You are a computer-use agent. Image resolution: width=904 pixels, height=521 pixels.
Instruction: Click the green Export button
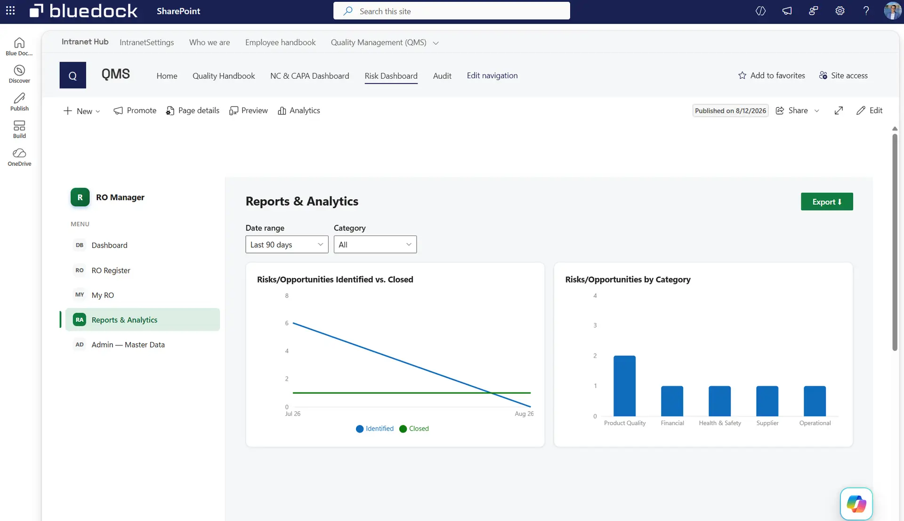pos(827,202)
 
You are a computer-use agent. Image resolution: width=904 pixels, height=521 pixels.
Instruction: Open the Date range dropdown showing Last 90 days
pos(287,244)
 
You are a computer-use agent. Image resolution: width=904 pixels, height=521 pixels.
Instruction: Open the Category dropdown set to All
pos(375,244)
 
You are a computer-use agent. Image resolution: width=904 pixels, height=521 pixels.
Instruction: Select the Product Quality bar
pos(624,386)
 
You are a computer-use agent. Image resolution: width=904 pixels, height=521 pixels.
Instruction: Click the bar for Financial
pos(672,401)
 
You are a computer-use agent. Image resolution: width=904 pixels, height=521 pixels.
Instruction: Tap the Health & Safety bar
pos(719,401)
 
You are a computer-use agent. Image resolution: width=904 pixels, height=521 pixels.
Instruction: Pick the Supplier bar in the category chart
pos(767,401)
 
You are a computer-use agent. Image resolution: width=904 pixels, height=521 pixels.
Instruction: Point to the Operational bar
pos(815,401)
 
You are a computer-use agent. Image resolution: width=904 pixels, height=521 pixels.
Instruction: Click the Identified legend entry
pos(375,429)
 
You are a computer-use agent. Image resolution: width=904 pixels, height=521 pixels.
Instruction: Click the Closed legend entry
pos(414,429)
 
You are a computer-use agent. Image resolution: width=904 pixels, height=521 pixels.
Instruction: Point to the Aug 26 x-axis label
pos(524,414)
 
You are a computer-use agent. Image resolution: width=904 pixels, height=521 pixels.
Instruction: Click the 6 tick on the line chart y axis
pos(287,323)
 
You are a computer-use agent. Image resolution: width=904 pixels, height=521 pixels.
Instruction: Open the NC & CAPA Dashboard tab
pos(309,76)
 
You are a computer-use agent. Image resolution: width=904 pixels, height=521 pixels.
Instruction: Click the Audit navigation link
pos(442,76)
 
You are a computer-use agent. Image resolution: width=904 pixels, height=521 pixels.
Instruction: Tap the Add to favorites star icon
pos(742,75)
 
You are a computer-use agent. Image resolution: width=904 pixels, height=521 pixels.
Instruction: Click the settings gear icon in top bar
pos(840,11)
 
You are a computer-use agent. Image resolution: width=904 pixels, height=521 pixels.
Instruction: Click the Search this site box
pos(452,11)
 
